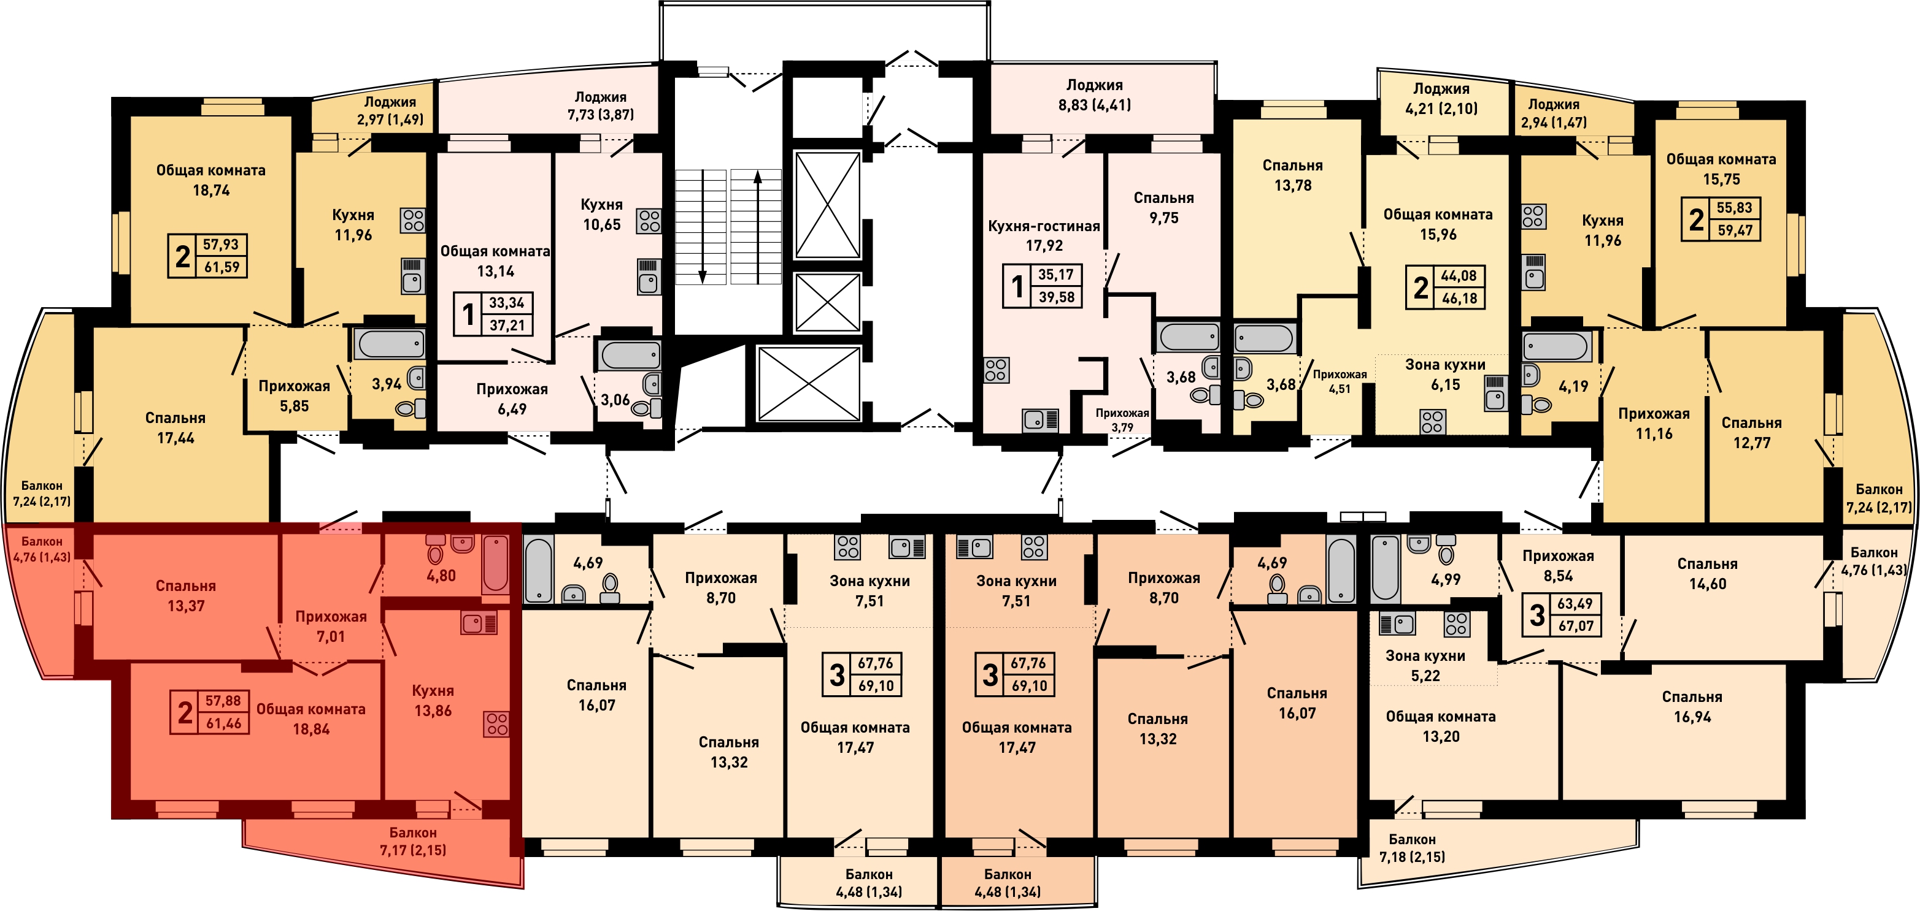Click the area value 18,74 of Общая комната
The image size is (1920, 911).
211,191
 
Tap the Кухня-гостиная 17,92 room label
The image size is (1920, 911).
1044,235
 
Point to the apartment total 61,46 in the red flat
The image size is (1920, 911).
223,723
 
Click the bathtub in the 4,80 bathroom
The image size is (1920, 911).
495,564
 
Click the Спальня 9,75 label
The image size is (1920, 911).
1163,208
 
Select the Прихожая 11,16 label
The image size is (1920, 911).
1654,423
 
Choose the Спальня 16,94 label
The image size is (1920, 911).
1692,707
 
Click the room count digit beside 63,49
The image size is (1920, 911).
1537,616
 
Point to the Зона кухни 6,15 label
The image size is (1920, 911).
1445,375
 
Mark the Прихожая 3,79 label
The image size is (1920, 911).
1122,420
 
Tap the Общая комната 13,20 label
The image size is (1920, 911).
1441,726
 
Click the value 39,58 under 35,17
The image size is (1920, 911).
1056,297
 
